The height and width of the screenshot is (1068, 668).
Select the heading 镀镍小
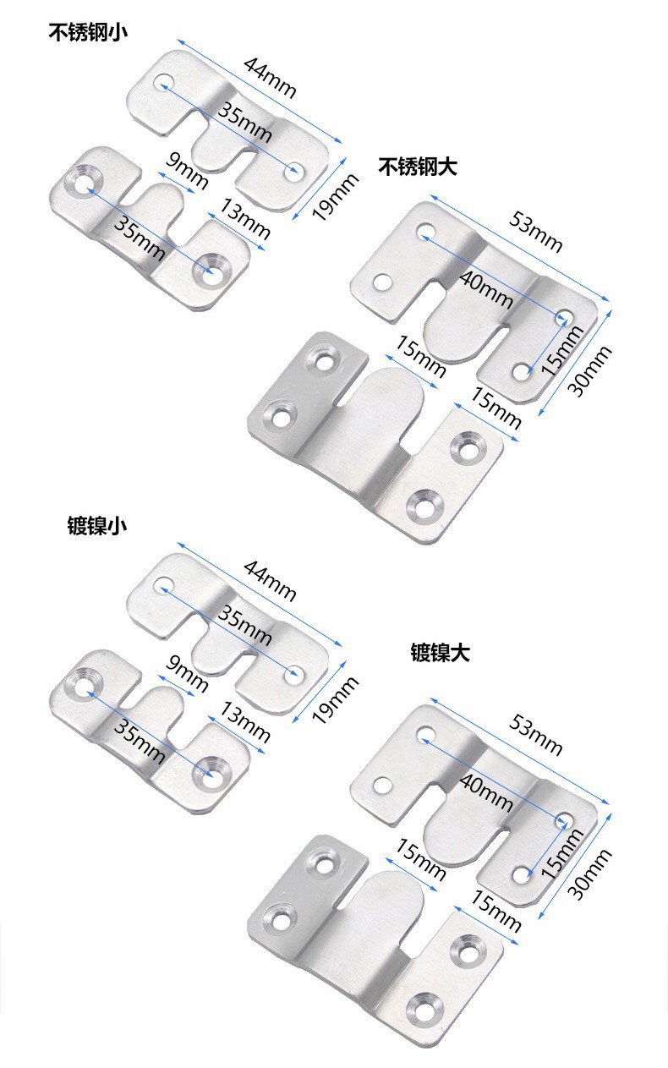tap(97, 525)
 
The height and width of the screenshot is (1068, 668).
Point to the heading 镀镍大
tap(440, 653)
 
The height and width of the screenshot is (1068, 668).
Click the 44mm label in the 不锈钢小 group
tap(270, 77)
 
